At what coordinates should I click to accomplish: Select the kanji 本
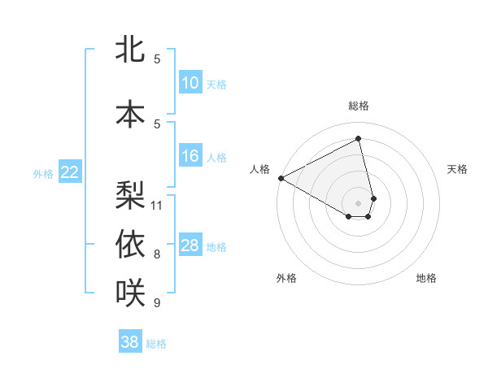(130, 114)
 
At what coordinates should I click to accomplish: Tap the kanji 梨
(130, 195)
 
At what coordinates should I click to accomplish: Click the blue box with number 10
(190, 83)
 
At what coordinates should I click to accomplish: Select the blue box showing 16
(190, 156)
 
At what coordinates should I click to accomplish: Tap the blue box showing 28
(190, 245)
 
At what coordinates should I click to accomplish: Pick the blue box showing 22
(70, 171)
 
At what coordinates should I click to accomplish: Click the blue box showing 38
(130, 342)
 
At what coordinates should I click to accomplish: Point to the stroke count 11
(157, 205)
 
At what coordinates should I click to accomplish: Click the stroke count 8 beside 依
(157, 254)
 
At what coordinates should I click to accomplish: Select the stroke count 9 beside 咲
(157, 303)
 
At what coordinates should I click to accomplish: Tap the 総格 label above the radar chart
(358, 106)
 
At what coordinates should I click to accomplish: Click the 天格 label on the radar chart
(458, 169)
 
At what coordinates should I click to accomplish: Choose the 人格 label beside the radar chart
(260, 169)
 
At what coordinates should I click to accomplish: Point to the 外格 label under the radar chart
(286, 278)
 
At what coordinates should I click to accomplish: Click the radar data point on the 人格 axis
(281, 177)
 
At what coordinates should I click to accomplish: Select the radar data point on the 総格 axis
(358, 138)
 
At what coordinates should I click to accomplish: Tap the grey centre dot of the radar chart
(358, 202)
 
